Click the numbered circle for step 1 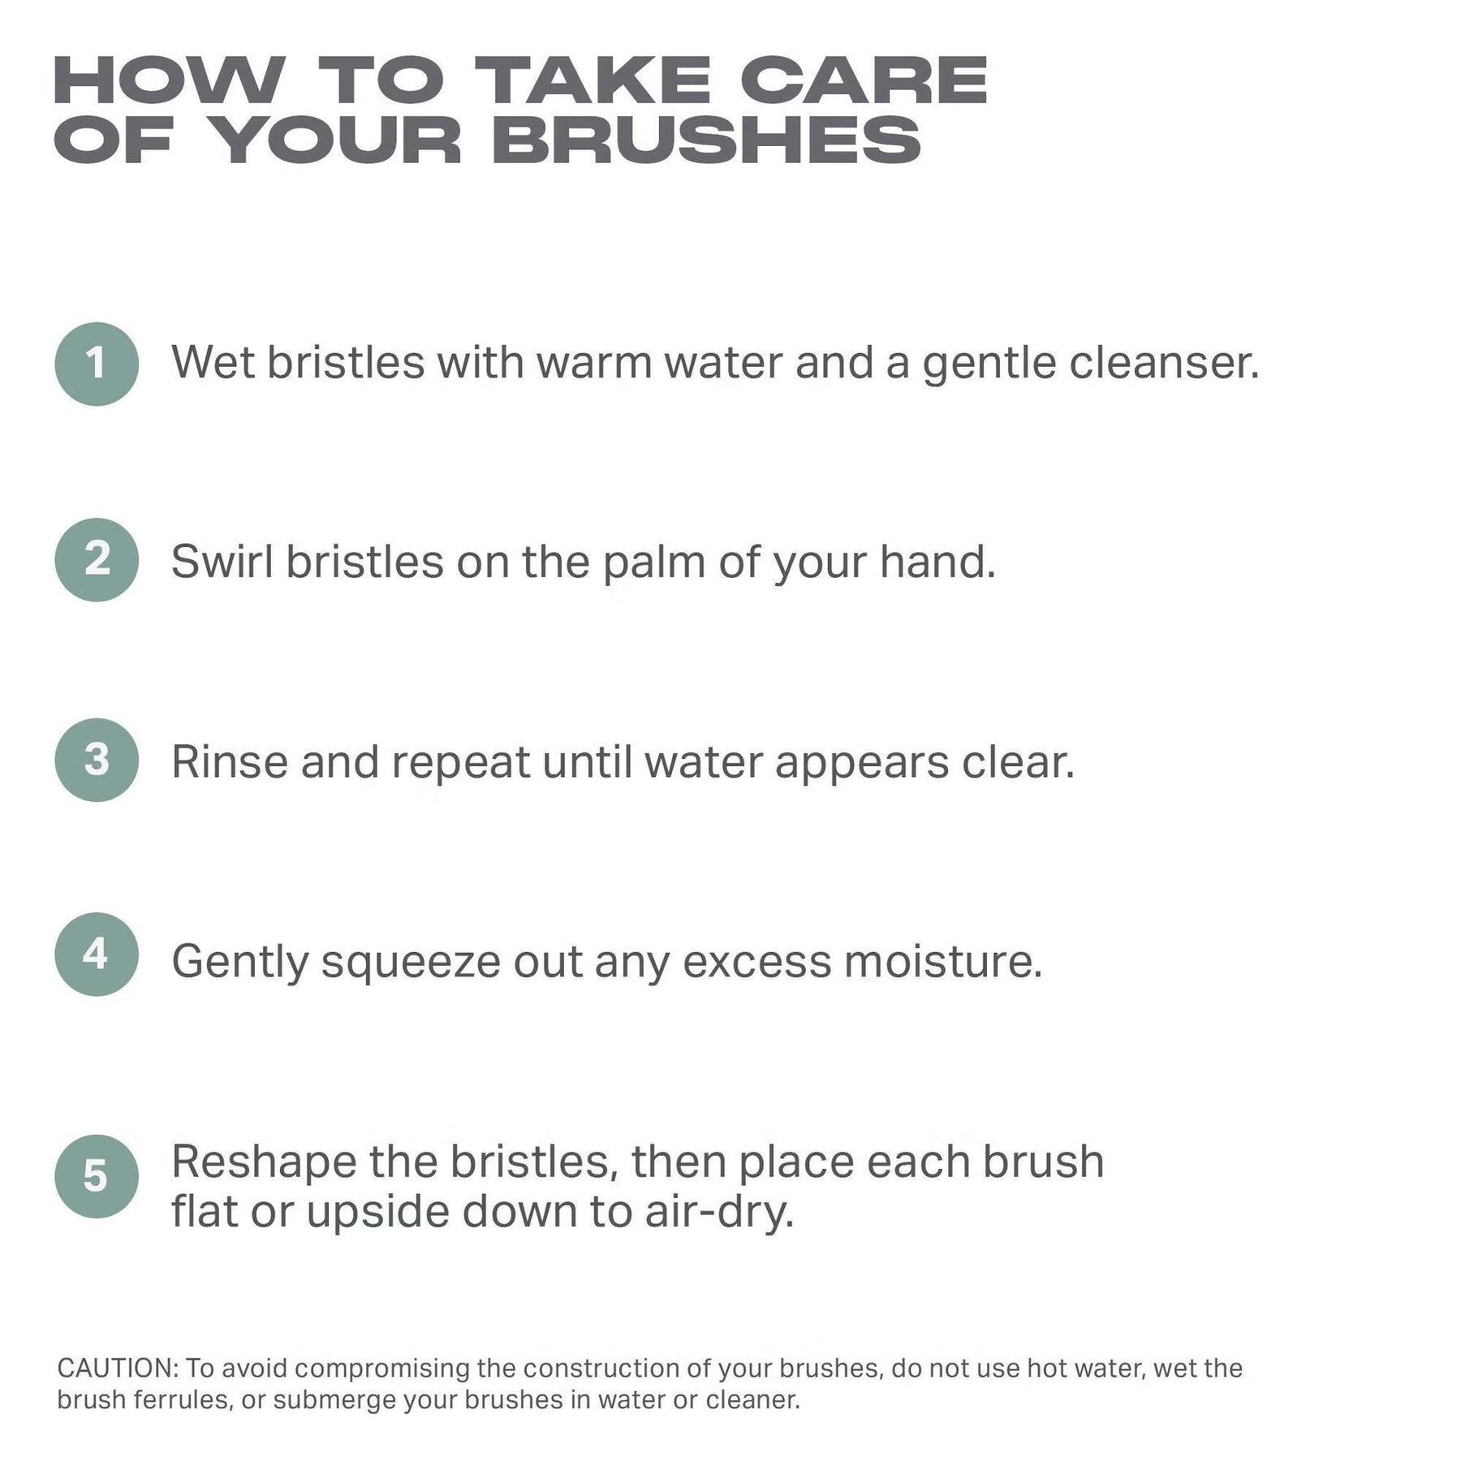click(x=97, y=364)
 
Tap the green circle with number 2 click(x=97, y=560)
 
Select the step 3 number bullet click(x=97, y=760)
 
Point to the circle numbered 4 click(x=97, y=955)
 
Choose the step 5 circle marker click(x=97, y=1176)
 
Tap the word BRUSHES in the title click(x=706, y=140)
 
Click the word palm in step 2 click(x=653, y=562)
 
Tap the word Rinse click(x=230, y=762)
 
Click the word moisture click(x=943, y=962)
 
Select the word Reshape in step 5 click(x=264, y=1163)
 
